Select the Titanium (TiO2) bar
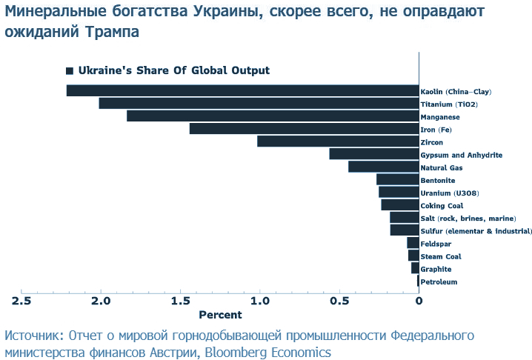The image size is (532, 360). click(x=259, y=104)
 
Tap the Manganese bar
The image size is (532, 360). click(x=273, y=116)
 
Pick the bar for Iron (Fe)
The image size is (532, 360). click(x=305, y=129)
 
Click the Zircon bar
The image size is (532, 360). click(x=339, y=141)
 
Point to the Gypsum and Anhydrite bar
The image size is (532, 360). click(x=374, y=154)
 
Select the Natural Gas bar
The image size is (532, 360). click(x=384, y=167)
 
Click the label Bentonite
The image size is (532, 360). click(x=438, y=180)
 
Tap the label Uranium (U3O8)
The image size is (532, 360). click(x=449, y=193)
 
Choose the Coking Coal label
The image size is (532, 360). click(x=442, y=205)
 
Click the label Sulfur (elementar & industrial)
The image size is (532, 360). click(x=476, y=231)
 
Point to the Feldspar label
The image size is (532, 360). click(x=436, y=244)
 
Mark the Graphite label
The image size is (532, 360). click(x=436, y=269)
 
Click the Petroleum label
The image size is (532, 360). click(x=439, y=281)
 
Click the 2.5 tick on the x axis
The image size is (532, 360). click(x=21, y=301)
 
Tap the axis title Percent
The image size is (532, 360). click(x=220, y=315)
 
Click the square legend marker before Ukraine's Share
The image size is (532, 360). click(x=70, y=71)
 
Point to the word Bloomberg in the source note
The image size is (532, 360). click(x=240, y=352)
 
